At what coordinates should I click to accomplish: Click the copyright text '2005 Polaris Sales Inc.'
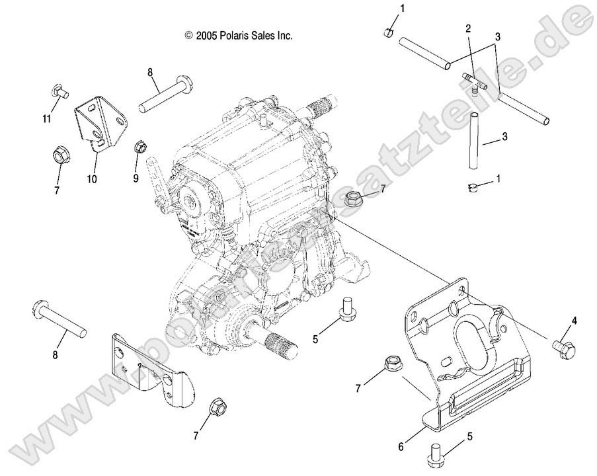pyautogui.click(x=239, y=36)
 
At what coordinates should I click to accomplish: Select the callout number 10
pyautogui.click(x=91, y=178)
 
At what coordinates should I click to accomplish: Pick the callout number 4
pyautogui.click(x=574, y=321)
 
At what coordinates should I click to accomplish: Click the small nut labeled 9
pyautogui.click(x=139, y=146)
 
